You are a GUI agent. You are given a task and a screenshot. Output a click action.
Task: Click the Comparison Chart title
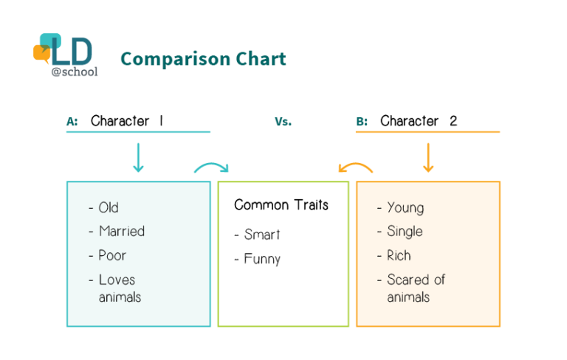pos(203,59)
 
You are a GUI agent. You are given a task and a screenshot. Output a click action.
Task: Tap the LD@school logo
pos(66,55)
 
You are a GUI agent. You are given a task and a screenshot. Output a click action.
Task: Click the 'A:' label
pos(72,122)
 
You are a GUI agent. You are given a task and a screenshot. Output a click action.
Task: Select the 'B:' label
pos(362,122)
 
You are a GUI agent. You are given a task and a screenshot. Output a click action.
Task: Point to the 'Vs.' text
pos(283,122)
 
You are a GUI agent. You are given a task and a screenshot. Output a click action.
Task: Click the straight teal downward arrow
pos(138,158)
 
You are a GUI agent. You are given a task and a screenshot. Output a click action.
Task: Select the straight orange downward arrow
pos(428,158)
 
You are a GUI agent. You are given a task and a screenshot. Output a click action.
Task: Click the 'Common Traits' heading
pos(281,205)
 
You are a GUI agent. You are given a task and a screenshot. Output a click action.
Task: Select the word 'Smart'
pos(262,235)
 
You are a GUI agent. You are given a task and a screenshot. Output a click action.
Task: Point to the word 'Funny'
pos(262,259)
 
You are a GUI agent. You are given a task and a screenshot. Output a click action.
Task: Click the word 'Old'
pos(109,207)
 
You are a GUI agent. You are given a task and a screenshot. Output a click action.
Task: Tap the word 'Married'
pos(122,232)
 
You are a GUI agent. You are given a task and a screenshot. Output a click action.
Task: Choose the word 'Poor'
pos(112,255)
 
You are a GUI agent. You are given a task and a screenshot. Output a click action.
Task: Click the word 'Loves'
pos(117,280)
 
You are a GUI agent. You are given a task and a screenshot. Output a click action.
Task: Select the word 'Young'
pos(405,208)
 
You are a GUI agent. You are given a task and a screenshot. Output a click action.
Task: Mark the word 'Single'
pos(405,232)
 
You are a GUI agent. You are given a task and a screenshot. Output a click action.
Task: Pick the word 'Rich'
pos(399,255)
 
